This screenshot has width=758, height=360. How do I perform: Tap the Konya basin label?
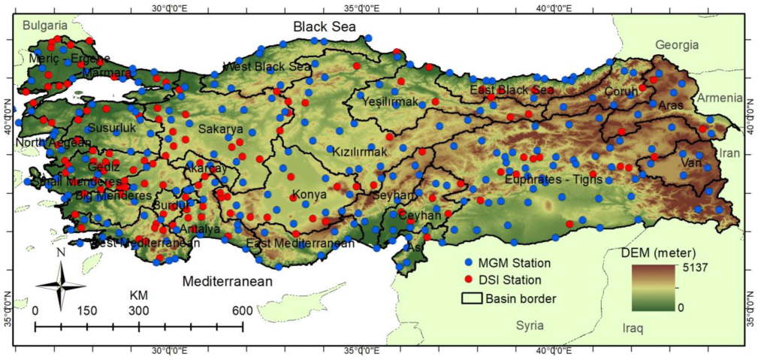coord(309,195)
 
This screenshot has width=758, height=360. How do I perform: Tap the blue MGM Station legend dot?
coord(469,264)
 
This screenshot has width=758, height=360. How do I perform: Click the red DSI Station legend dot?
coord(469,280)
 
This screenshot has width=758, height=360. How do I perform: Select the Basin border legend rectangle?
coord(470,298)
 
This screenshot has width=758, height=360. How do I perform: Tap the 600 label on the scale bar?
coord(242,310)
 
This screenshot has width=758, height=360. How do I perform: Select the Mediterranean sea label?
coord(227,282)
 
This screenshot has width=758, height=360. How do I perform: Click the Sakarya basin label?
coord(220,129)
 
